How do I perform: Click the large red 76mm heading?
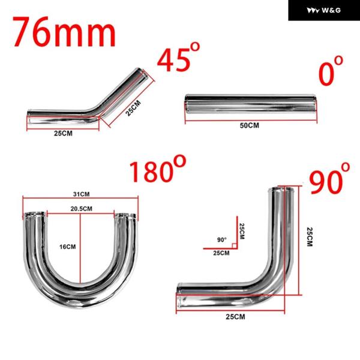coord(65,32)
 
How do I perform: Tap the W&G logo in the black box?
coord(324,10)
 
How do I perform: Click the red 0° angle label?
coord(331,71)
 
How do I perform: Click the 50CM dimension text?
coord(250,125)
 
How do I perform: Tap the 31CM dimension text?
coord(81,194)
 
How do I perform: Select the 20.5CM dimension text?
coord(81,209)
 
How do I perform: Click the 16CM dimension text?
coord(67,247)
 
